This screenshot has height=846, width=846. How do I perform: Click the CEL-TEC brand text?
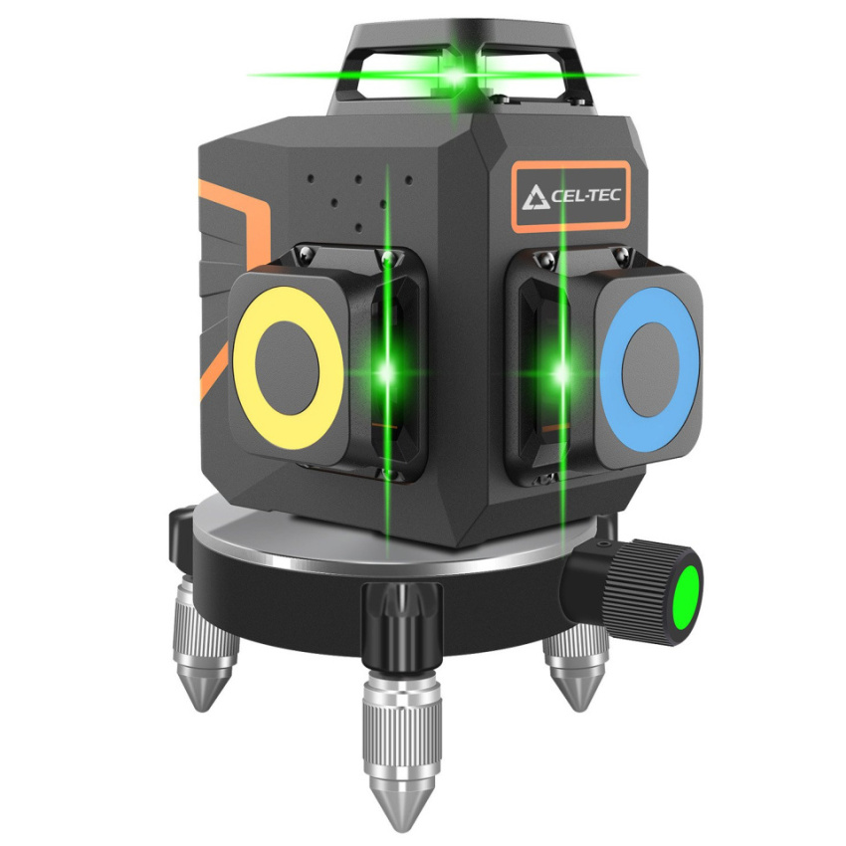point(586,195)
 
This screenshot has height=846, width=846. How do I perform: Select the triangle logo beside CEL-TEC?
point(535,197)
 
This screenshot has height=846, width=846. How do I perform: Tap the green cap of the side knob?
point(688,591)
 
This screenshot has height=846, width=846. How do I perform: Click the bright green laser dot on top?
point(455,76)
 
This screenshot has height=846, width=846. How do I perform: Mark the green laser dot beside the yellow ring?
point(386,372)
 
